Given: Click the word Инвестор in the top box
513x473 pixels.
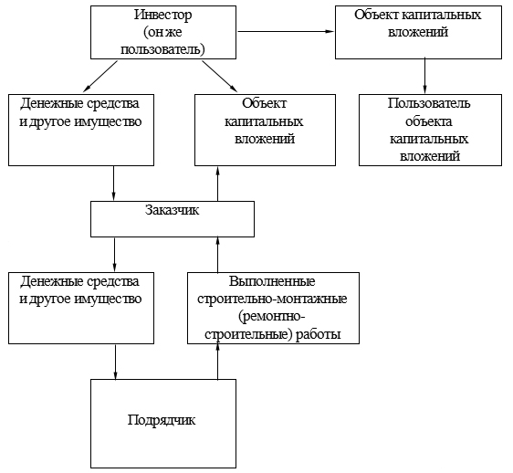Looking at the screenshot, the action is tap(162, 15).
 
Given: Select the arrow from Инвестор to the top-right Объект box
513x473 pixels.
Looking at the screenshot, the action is tap(286, 31).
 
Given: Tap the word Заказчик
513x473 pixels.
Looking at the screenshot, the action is tap(173, 210).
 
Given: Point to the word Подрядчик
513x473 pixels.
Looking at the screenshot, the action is tap(162, 420).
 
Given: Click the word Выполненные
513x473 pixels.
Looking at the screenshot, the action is tap(272, 281).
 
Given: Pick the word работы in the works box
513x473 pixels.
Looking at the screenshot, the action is tap(319, 334).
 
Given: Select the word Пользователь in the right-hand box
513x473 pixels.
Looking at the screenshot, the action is tap(429, 103).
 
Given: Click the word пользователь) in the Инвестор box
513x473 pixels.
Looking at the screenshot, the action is tap(162, 49).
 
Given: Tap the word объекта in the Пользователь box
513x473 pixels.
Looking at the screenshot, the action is tap(429, 121).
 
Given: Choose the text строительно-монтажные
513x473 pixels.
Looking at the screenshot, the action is tap(272, 299).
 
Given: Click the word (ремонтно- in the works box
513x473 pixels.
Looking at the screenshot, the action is tap(272, 317).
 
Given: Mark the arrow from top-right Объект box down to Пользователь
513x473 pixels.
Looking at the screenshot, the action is tap(424, 76).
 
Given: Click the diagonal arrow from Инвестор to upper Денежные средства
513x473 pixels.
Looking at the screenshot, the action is tap(100, 77).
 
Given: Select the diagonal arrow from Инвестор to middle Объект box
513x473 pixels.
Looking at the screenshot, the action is tap(219, 77).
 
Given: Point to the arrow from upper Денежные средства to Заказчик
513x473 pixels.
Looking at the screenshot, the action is tap(113, 183).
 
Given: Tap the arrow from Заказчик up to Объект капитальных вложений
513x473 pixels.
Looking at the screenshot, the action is tap(218, 184).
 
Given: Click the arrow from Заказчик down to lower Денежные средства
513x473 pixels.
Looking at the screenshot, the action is tap(114, 254).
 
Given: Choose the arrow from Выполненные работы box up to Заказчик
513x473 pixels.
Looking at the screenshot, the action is tap(218, 255).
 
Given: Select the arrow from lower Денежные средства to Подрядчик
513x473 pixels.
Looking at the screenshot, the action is tap(115, 362).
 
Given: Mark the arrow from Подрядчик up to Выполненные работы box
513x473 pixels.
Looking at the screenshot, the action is tap(218, 362).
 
